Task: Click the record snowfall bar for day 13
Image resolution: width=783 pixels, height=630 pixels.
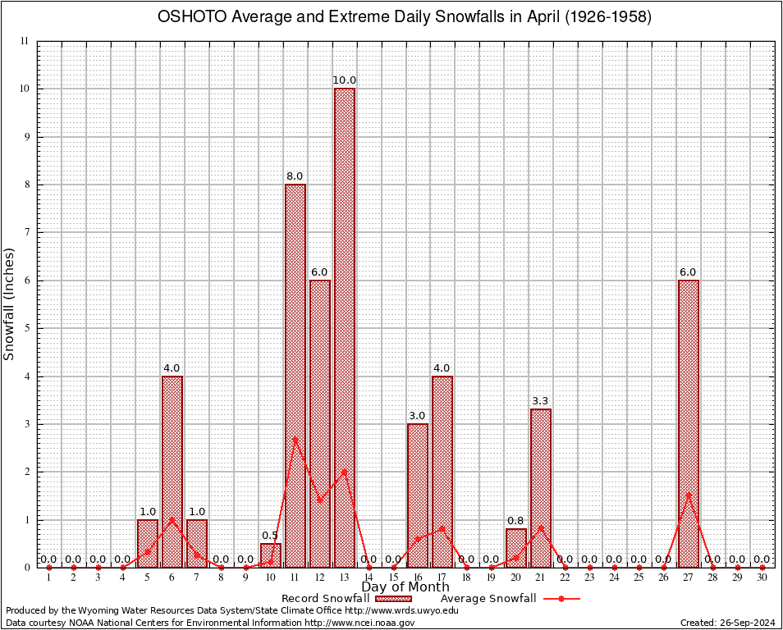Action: tap(344, 328)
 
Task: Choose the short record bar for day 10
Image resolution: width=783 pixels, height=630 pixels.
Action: tap(270, 555)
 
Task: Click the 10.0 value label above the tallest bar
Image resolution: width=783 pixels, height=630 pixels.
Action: tap(344, 80)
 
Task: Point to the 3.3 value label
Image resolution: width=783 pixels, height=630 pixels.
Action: tap(540, 401)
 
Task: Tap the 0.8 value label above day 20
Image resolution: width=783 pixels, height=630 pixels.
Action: tap(515, 521)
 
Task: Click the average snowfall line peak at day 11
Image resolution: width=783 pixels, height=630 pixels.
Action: tap(295, 438)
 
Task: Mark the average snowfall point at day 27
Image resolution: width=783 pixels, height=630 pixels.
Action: tap(688, 494)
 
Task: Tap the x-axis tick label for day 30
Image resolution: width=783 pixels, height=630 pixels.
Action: tap(762, 578)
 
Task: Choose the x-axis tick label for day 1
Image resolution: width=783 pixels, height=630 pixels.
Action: tap(48, 578)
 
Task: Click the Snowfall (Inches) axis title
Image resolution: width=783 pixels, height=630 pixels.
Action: tap(10, 304)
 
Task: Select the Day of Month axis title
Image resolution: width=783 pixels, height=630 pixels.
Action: tap(405, 587)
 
